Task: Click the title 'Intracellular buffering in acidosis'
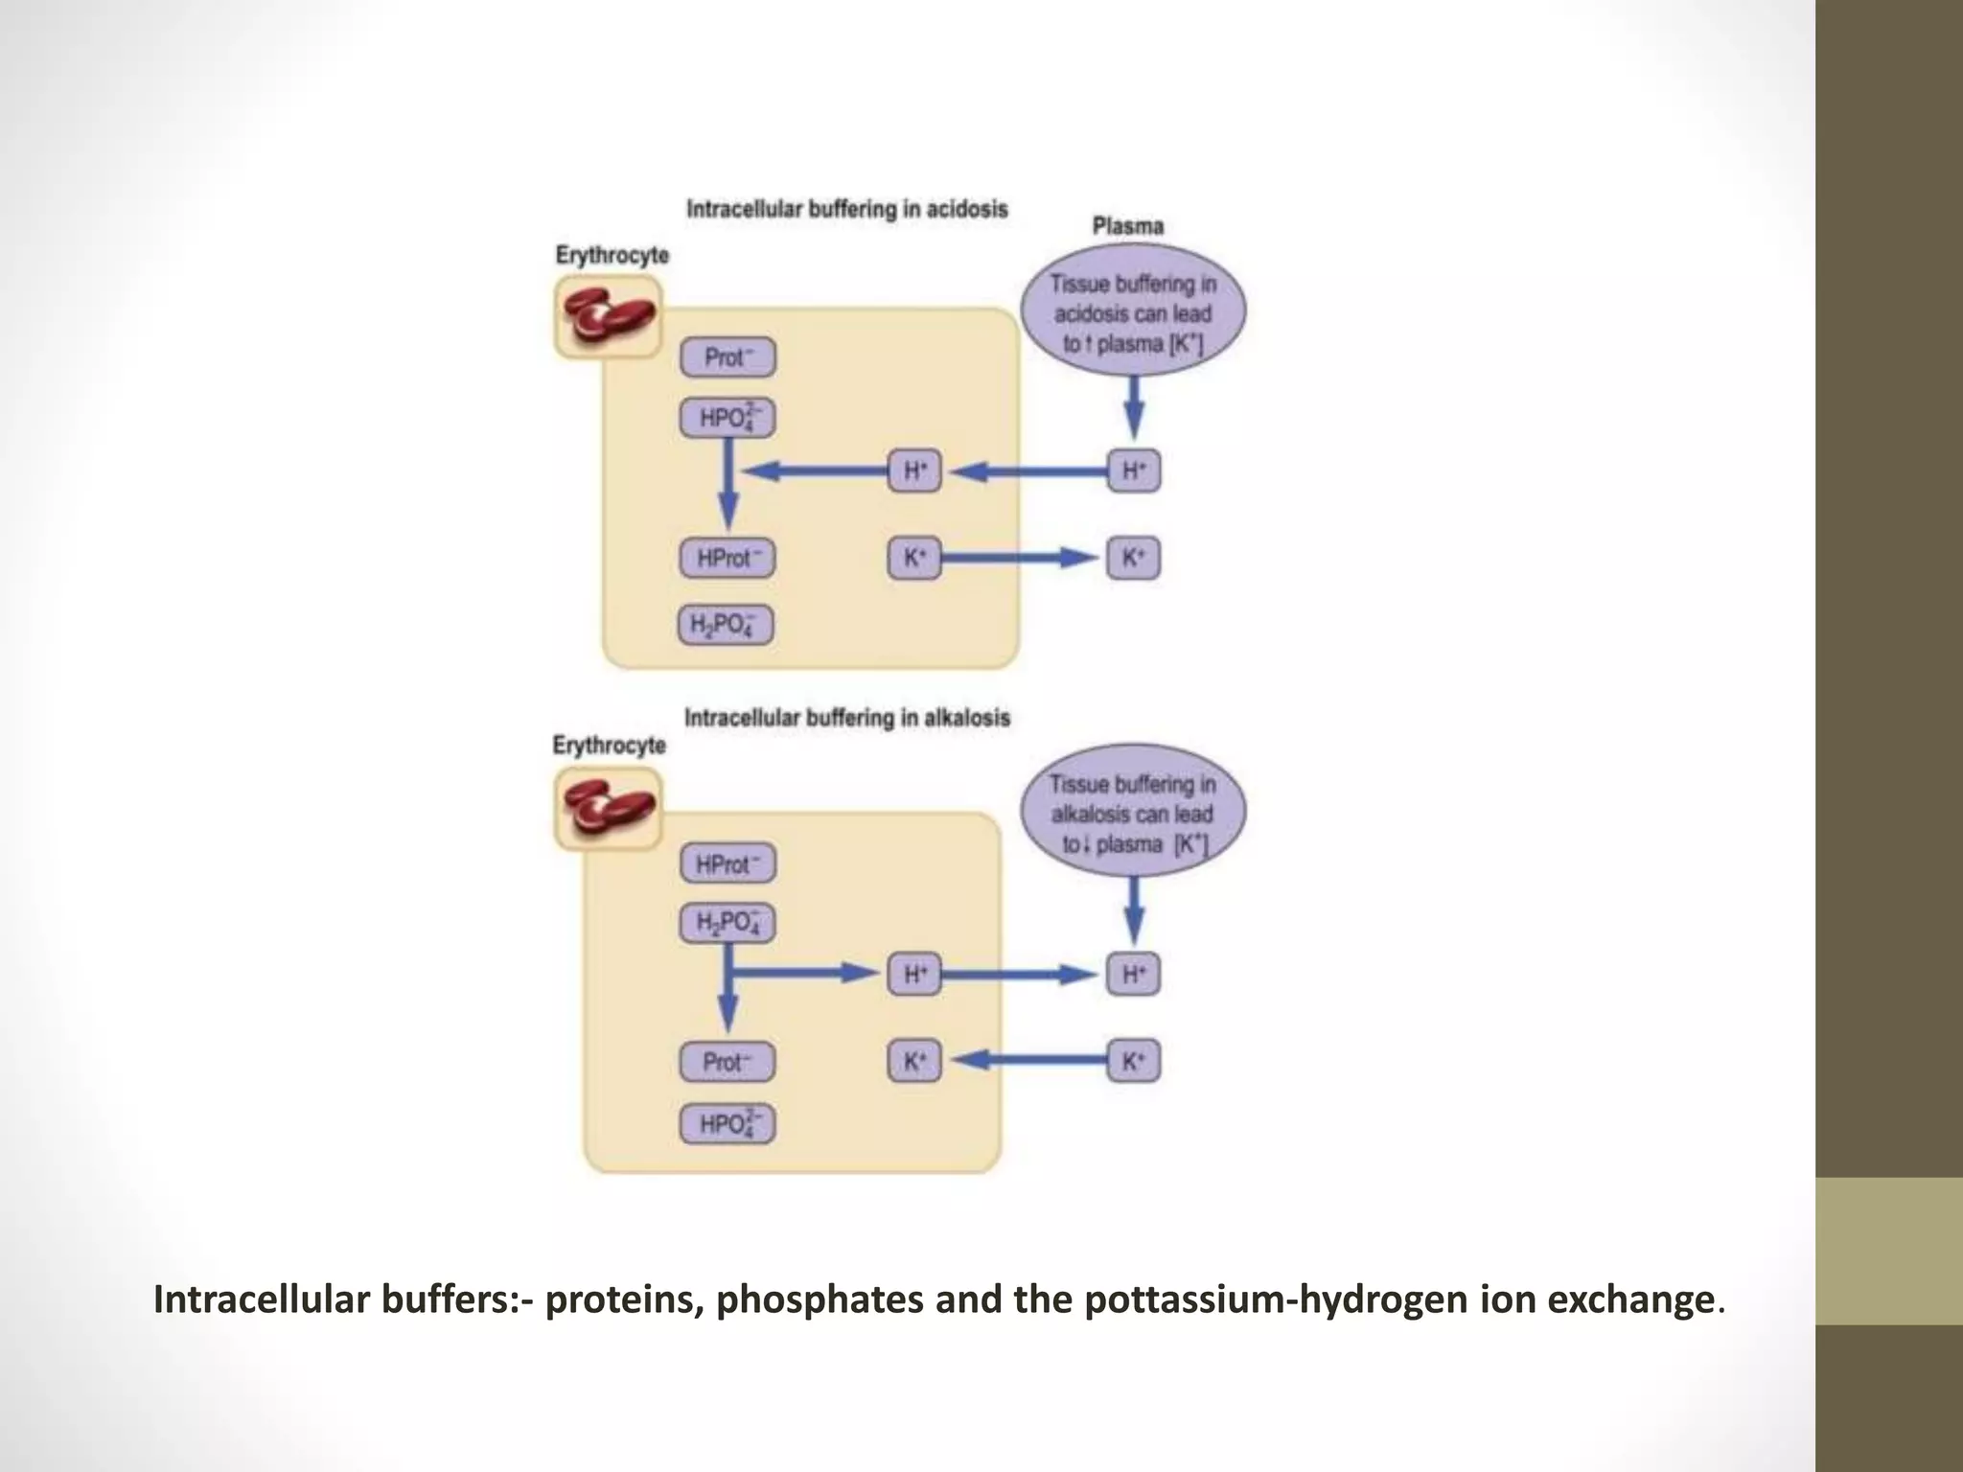[x=846, y=209]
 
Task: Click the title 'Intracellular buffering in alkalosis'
[x=846, y=718]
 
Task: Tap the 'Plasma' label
[x=1128, y=227]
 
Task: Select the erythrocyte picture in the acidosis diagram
[x=608, y=317]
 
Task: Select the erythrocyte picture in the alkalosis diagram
[x=608, y=809]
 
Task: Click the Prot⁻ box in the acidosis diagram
[x=727, y=357]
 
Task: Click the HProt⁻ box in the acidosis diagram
[x=727, y=558]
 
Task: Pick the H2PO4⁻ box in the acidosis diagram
[x=726, y=625]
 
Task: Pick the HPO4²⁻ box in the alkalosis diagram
[x=727, y=1123]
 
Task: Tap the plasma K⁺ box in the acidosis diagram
[x=1133, y=558]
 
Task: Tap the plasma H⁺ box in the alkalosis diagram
[x=1133, y=975]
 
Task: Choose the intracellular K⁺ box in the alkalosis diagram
[x=914, y=1061]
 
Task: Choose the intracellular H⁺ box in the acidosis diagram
[x=914, y=471]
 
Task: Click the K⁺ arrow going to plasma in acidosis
[x=1021, y=558]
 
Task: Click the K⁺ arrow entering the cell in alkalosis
[x=1030, y=1060]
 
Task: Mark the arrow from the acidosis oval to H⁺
[x=1134, y=406]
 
